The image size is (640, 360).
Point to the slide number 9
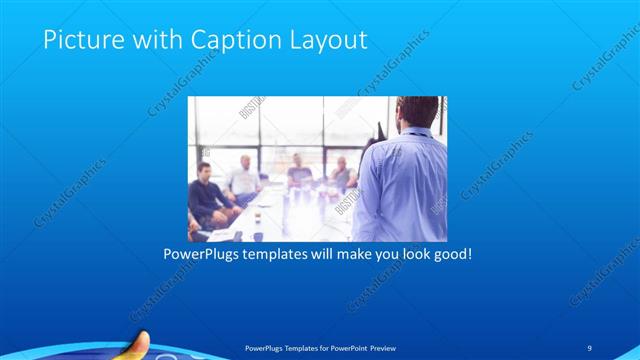[x=590, y=347]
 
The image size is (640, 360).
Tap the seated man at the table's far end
[x=299, y=172]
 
